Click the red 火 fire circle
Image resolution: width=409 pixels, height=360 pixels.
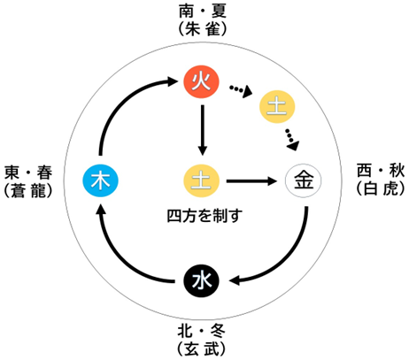click(201, 81)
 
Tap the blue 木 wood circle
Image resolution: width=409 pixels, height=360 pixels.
click(100, 180)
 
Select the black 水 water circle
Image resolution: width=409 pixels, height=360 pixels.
click(201, 280)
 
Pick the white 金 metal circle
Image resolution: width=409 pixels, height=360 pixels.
click(303, 180)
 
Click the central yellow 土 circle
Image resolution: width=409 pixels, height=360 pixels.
click(201, 180)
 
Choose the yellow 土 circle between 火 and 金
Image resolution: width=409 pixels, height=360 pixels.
click(277, 107)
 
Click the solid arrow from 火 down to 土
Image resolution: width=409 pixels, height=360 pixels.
click(202, 130)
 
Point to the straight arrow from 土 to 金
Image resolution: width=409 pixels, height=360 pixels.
click(251, 181)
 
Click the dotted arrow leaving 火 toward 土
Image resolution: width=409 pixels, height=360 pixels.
click(241, 90)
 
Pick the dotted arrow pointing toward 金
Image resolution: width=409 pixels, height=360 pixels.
click(292, 140)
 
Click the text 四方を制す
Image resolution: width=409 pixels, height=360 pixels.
click(204, 216)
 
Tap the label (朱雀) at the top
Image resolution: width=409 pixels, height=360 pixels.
click(203, 29)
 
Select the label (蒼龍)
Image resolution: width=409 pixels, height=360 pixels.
click(28, 190)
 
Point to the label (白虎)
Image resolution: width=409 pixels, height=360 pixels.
click(381, 188)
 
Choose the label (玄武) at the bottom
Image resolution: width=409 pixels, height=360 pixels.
click(202, 349)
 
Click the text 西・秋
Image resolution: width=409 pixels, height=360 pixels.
click(381, 171)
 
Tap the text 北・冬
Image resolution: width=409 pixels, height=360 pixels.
click(202, 331)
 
